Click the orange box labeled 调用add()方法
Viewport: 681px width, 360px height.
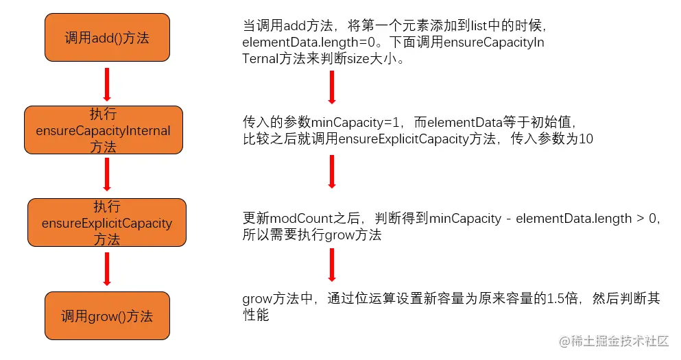coord(106,37)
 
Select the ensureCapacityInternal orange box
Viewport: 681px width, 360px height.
coord(104,130)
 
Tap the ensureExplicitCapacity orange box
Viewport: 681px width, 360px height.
coord(107,222)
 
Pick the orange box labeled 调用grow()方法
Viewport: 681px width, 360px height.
coord(106,315)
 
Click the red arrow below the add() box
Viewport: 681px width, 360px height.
coord(106,83)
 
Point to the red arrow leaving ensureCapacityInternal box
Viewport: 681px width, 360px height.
coord(106,174)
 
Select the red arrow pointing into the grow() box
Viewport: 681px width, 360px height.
coord(106,268)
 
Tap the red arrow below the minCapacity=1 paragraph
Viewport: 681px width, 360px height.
coord(332,171)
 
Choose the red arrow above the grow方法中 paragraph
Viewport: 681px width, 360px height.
coord(332,264)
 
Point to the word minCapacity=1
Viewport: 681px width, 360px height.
coord(355,122)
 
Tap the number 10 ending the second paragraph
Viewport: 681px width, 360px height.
coord(585,139)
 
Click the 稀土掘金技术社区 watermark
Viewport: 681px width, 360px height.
coord(620,341)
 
